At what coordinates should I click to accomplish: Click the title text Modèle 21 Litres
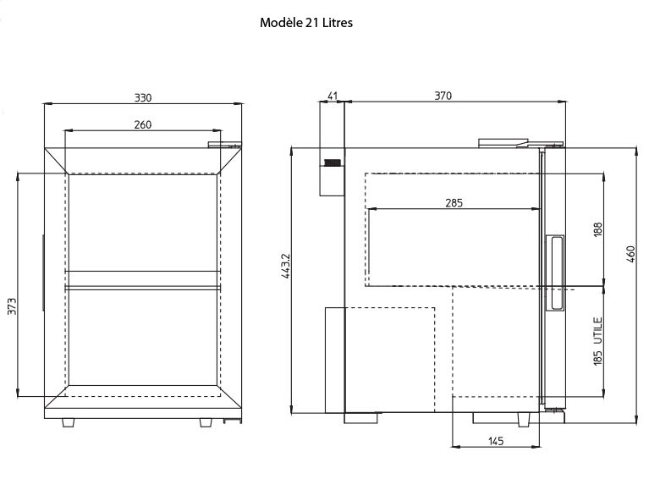click(306, 23)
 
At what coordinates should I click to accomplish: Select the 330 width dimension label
click(143, 97)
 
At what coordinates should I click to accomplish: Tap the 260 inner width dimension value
click(143, 124)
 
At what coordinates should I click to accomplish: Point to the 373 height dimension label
click(12, 306)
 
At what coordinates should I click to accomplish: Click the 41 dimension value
click(333, 96)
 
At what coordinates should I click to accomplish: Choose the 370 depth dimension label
click(443, 96)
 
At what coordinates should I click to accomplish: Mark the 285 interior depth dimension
click(454, 203)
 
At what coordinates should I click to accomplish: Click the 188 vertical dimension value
click(597, 229)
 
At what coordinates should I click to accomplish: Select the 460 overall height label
click(630, 254)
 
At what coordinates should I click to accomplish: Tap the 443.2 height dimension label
click(285, 266)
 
